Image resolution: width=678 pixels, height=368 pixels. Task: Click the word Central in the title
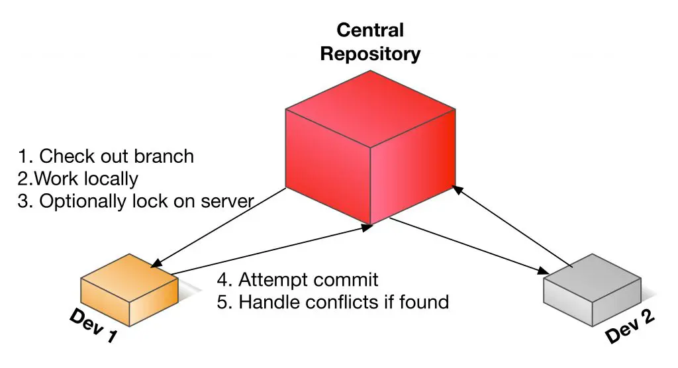[x=370, y=30]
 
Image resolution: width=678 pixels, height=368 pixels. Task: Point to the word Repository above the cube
[x=370, y=54]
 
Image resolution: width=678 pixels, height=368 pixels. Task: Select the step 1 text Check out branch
[x=106, y=156]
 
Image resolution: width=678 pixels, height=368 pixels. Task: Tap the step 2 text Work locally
[x=78, y=179]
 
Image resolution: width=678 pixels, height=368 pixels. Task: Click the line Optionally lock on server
[x=135, y=201]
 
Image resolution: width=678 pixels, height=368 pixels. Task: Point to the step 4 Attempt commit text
[x=297, y=279]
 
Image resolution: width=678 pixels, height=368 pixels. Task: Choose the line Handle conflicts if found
[x=333, y=302]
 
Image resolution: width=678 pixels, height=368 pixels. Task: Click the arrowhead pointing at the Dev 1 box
[x=155, y=263]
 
